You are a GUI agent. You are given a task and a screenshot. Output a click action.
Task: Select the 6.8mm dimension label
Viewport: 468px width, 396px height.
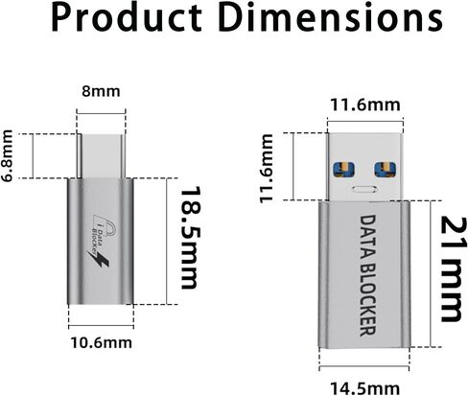tap(9, 155)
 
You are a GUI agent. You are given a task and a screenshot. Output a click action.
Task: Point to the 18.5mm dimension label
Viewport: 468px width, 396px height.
tap(191, 239)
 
